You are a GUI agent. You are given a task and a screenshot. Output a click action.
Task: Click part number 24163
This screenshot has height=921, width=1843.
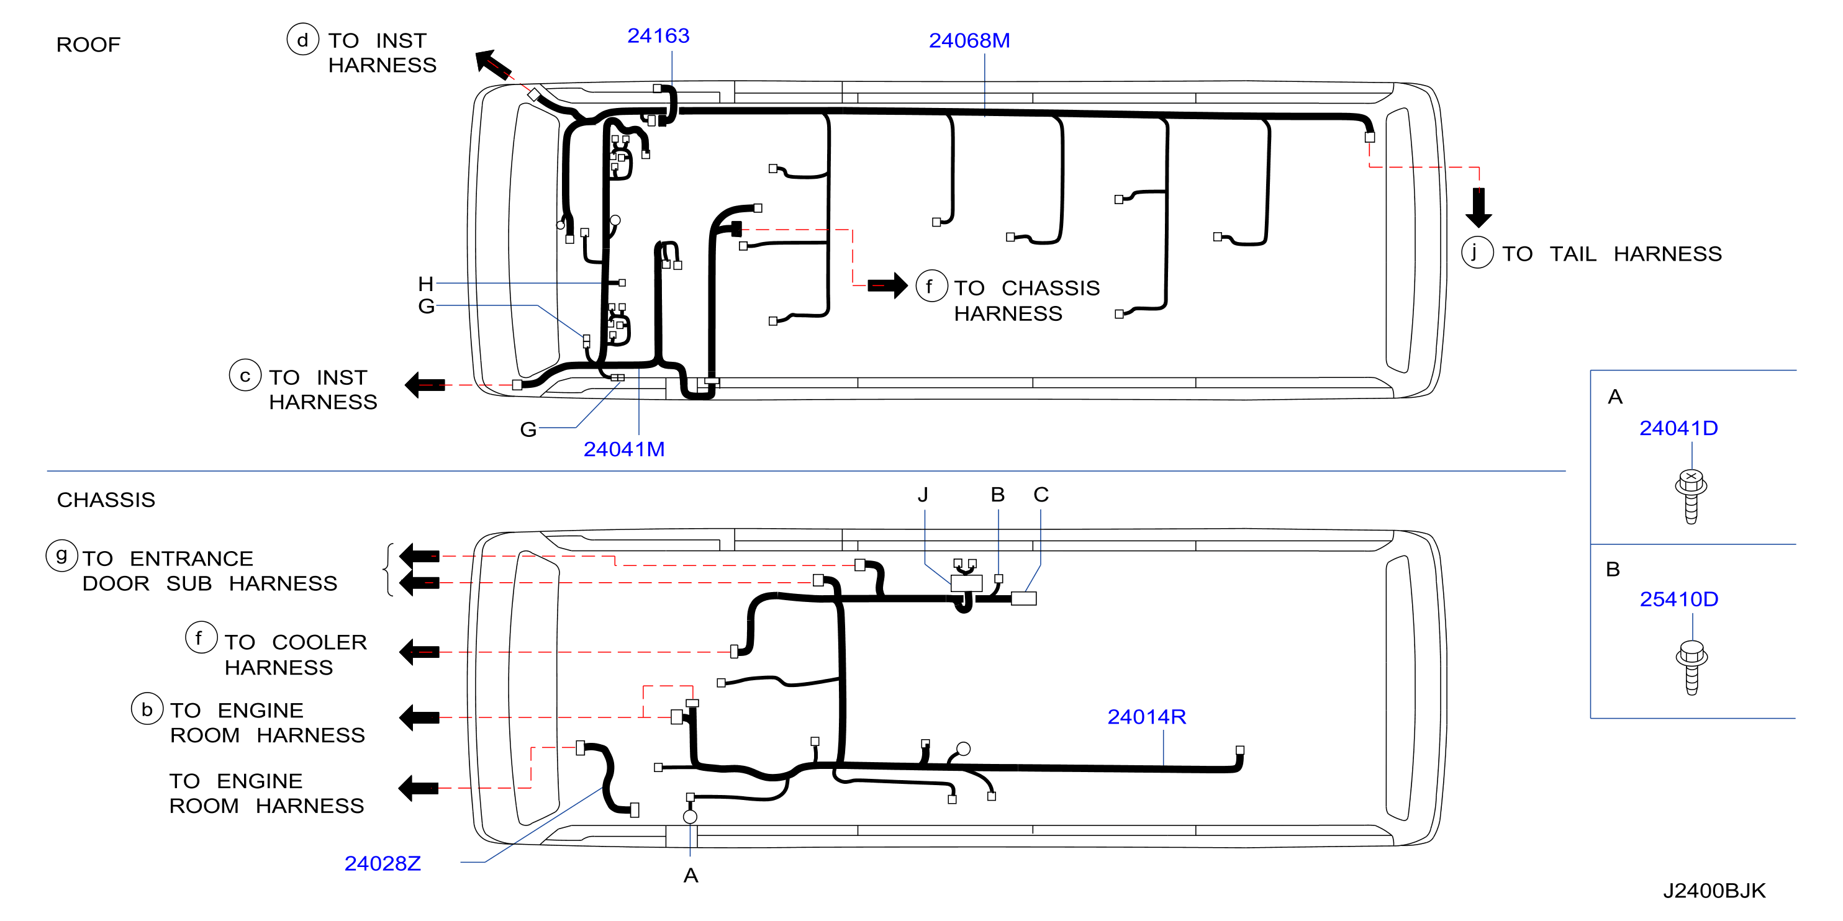[x=658, y=36]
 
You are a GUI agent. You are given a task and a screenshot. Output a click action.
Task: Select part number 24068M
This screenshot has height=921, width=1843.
[x=969, y=41]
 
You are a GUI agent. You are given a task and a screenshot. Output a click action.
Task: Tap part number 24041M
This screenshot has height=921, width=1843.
[x=624, y=449]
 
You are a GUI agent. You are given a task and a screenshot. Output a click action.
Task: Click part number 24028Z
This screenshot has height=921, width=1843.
[x=382, y=864]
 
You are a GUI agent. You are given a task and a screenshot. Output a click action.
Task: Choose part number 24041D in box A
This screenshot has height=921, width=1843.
[x=1678, y=428]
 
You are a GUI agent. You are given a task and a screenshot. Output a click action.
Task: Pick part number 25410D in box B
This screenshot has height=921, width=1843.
[x=1678, y=600]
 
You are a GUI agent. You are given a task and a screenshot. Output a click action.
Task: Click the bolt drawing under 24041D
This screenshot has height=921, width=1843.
[x=1691, y=496]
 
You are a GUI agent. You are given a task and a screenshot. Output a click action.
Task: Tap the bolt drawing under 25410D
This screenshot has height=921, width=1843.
[x=1691, y=668]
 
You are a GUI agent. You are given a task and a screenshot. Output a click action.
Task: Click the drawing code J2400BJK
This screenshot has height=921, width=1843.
[x=1714, y=891]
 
